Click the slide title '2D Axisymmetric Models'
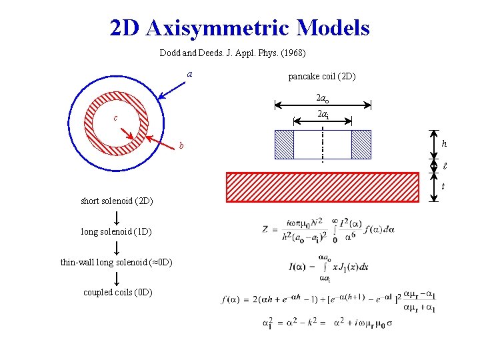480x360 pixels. (240, 28)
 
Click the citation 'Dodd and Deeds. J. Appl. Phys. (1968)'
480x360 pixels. (233, 53)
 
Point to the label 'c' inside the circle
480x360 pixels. (115, 119)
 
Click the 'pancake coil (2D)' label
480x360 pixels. (322, 77)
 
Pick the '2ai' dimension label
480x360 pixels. (323, 114)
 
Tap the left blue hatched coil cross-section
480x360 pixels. (284, 144)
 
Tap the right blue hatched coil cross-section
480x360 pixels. (361, 144)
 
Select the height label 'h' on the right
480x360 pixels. (445, 144)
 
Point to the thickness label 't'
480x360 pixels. (443, 187)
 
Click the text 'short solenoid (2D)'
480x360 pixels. (117, 201)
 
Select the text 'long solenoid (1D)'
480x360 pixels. (116, 232)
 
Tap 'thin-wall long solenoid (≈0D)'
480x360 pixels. (117, 262)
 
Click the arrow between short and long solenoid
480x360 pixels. (117, 217)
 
